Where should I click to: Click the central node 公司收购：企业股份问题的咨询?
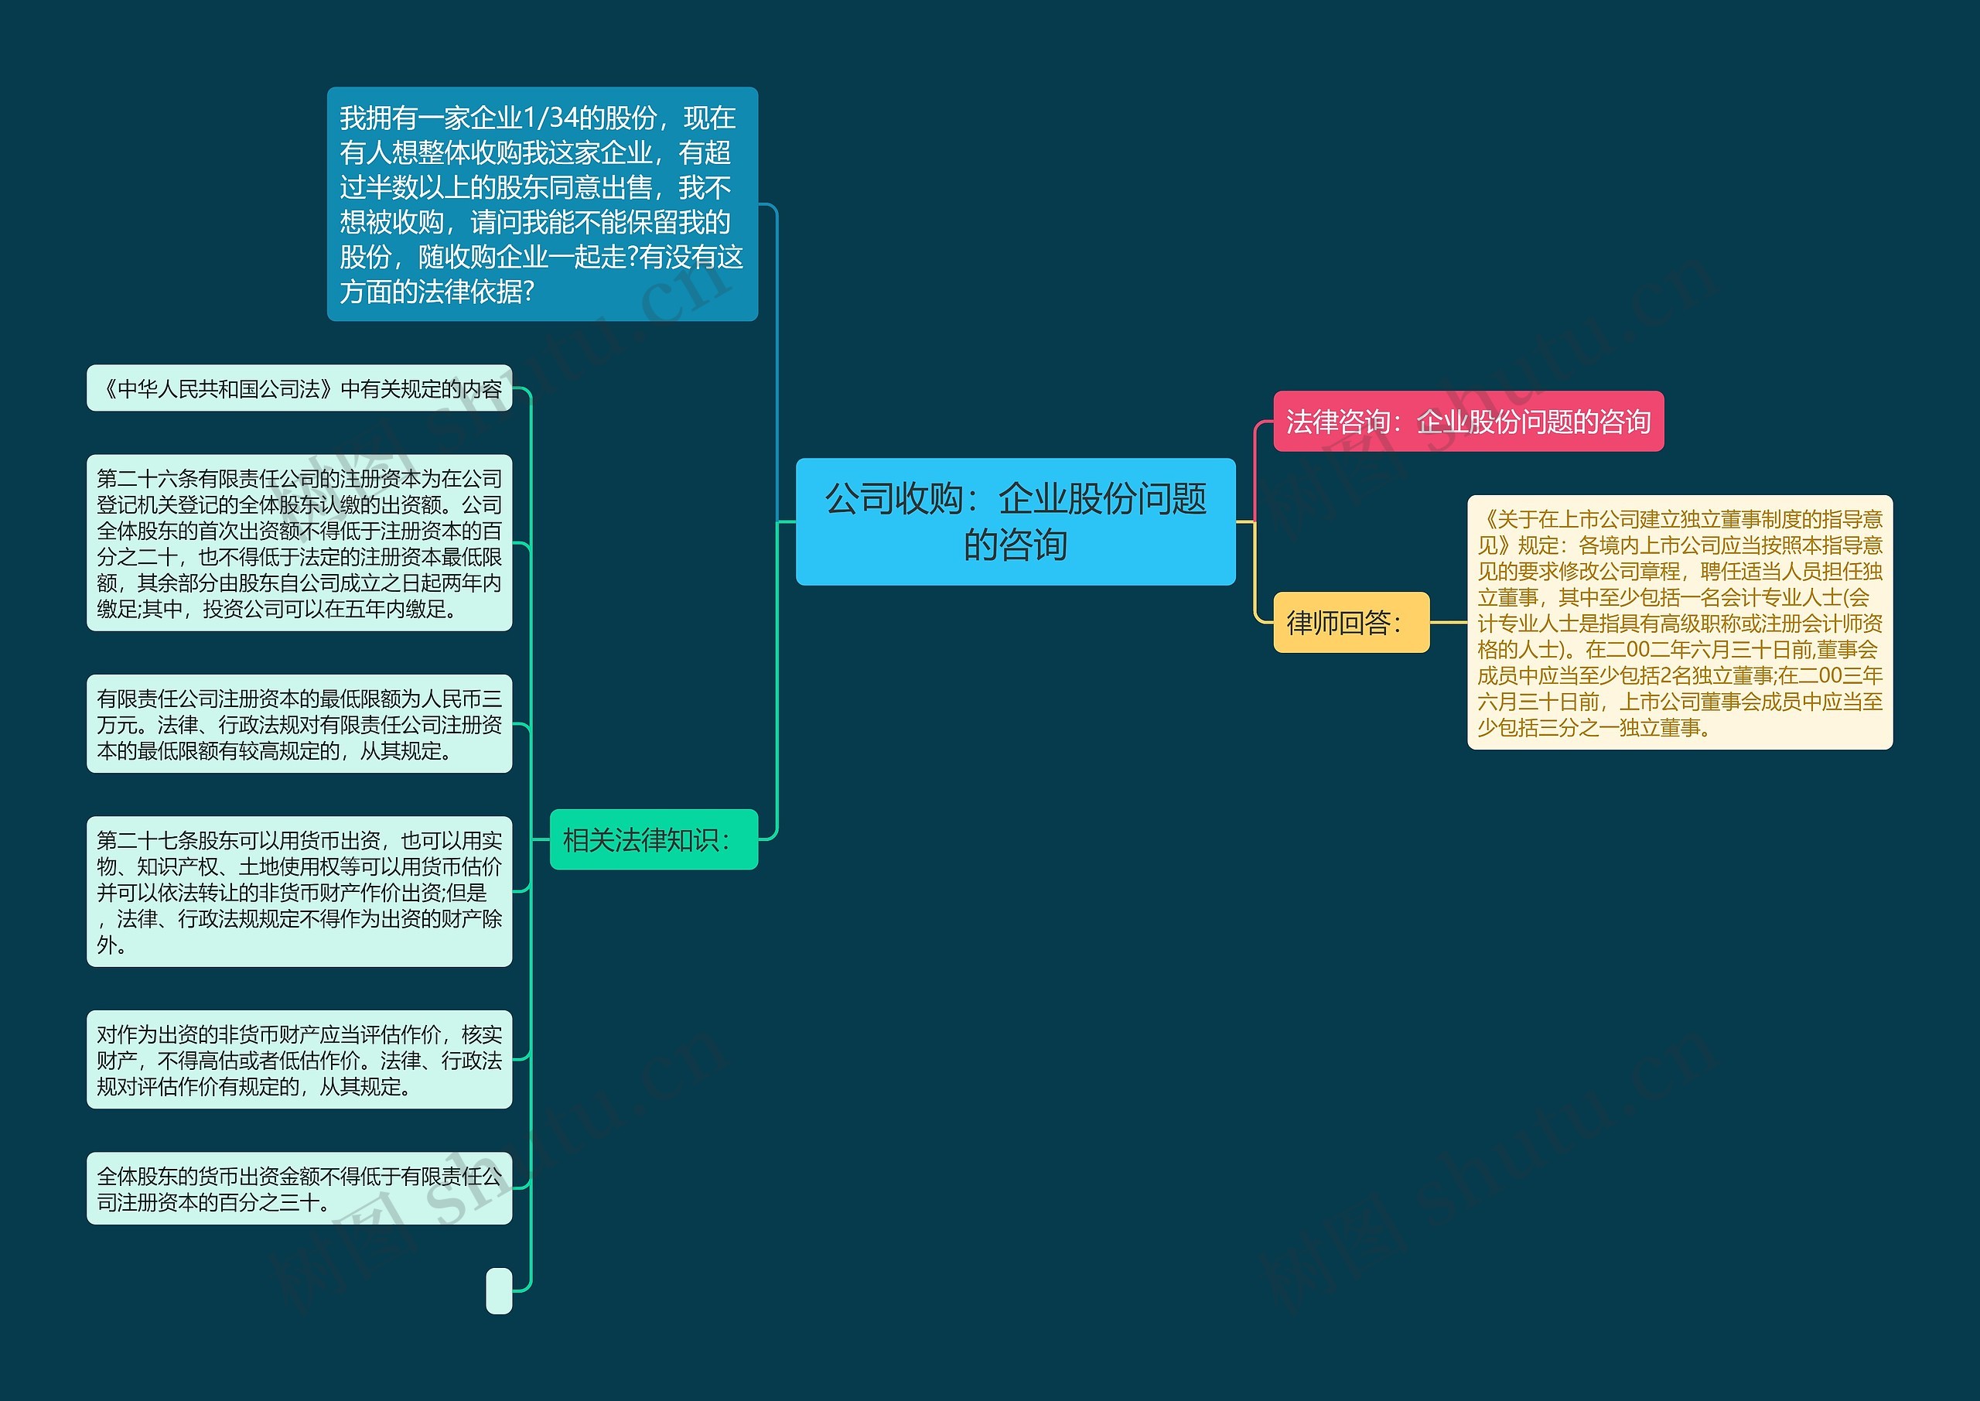point(1015,521)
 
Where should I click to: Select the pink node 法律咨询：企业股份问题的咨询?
point(1468,421)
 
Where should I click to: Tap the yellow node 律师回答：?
point(1350,622)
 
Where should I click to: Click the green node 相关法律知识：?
point(654,839)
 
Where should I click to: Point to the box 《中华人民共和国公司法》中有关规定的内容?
point(299,388)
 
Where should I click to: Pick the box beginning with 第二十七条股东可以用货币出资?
point(299,891)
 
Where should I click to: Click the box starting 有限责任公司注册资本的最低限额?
point(299,724)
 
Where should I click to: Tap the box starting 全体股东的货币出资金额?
point(299,1188)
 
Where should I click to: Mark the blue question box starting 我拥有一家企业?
point(541,203)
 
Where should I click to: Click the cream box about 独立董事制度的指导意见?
point(1679,622)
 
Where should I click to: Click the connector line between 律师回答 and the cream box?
point(1449,622)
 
